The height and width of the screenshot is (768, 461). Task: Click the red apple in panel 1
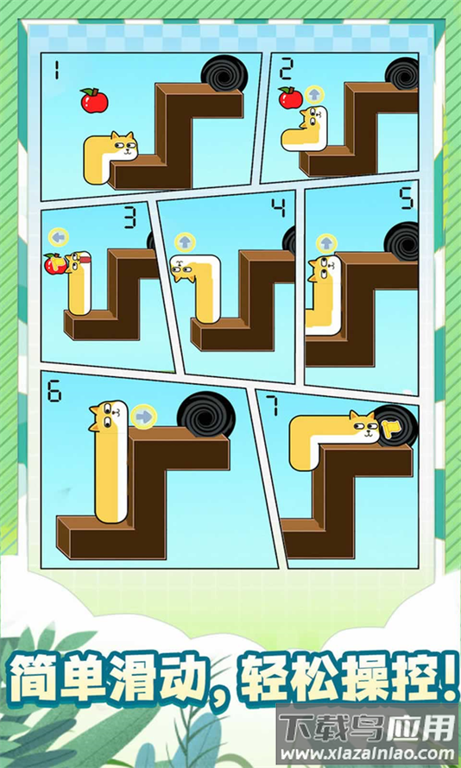[94, 100]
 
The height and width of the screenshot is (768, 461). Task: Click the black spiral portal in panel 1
[224, 73]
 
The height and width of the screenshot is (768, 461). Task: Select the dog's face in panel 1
[124, 146]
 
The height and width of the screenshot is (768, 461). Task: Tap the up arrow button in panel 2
[314, 95]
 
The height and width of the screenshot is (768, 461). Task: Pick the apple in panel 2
[291, 98]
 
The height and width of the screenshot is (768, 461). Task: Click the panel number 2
[286, 71]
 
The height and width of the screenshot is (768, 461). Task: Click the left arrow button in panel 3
[59, 237]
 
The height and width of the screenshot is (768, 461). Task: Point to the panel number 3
[129, 219]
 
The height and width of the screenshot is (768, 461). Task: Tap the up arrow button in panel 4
[185, 242]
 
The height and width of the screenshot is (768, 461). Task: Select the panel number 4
[279, 209]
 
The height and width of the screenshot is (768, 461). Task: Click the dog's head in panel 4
[183, 269]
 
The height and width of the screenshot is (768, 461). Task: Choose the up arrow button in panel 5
[326, 243]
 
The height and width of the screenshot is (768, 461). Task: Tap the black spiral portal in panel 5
[401, 241]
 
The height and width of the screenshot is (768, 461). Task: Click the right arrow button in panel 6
[143, 416]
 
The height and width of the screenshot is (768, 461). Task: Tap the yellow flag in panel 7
[390, 429]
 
